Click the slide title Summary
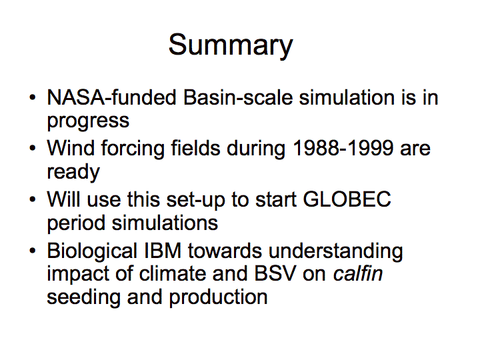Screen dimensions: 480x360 tap(231, 45)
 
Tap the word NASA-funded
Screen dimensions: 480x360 tap(112, 97)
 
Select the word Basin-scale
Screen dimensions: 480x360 tap(238, 97)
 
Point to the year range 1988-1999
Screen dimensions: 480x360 tap(343, 148)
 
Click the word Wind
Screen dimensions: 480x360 tap(71, 148)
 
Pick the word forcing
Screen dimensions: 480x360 tap(133, 149)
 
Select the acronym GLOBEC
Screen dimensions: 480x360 tap(347, 199)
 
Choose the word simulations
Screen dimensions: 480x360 tap(165, 223)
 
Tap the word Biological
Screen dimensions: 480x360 tap(92, 251)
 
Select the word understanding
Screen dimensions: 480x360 tap(335, 251)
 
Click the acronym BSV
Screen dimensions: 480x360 tap(275, 274)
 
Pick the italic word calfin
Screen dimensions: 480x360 tap(358, 274)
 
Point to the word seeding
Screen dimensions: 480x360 tap(83, 298)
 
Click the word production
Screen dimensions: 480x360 tap(218, 298)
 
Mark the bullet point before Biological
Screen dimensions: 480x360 tap(33, 251)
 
